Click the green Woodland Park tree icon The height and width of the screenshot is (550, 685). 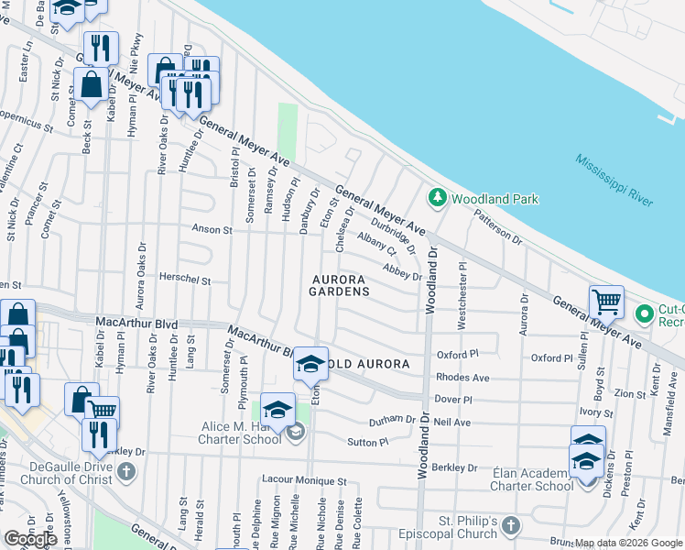coord(438,198)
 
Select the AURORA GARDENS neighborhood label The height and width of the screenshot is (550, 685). coord(340,285)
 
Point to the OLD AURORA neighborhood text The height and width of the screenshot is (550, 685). coord(371,364)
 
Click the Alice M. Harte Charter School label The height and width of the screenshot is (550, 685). coord(242,433)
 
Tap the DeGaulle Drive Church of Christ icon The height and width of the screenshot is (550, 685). coord(126,473)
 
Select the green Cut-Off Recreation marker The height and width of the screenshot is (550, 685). coord(644,314)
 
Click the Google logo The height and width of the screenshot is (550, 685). coord(30,539)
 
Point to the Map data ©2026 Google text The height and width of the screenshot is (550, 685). coord(628,543)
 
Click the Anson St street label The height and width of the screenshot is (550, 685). coord(212,229)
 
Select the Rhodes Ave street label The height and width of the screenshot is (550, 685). coord(462,378)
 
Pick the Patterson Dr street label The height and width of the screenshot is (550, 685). coord(497,229)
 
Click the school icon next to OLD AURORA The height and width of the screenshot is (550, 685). coord(310,364)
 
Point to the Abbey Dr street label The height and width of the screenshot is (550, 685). coord(403,272)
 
